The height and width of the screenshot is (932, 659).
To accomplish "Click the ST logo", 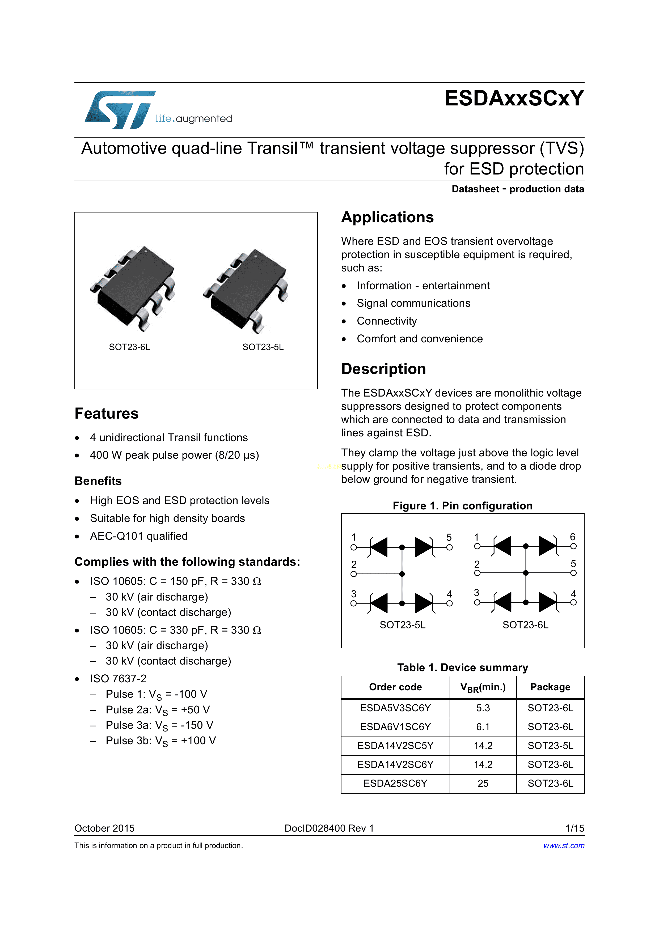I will click(x=120, y=110).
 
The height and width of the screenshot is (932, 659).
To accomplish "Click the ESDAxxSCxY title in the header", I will click(x=514, y=98).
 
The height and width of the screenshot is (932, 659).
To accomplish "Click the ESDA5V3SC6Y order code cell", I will click(x=395, y=708).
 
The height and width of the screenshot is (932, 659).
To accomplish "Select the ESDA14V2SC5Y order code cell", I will click(x=395, y=746).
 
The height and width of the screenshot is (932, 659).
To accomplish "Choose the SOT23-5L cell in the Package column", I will click(x=550, y=746).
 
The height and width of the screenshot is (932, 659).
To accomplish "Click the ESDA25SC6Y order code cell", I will click(x=395, y=784).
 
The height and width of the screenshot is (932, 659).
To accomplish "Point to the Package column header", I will click(x=550, y=687).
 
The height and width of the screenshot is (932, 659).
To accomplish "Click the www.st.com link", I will click(x=564, y=845).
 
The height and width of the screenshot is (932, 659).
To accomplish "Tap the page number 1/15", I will click(x=574, y=828).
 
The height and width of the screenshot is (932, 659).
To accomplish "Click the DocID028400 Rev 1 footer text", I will click(x=329, y=828).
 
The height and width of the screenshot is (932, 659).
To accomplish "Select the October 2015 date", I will click(x=104, y=828).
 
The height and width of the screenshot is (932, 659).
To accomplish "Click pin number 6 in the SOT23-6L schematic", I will click(x=573, y=537).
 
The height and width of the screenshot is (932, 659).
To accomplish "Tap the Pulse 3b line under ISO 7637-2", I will click(x=160, y=741).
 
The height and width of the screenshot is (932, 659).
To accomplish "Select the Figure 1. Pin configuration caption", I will click(x=462, y=506).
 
